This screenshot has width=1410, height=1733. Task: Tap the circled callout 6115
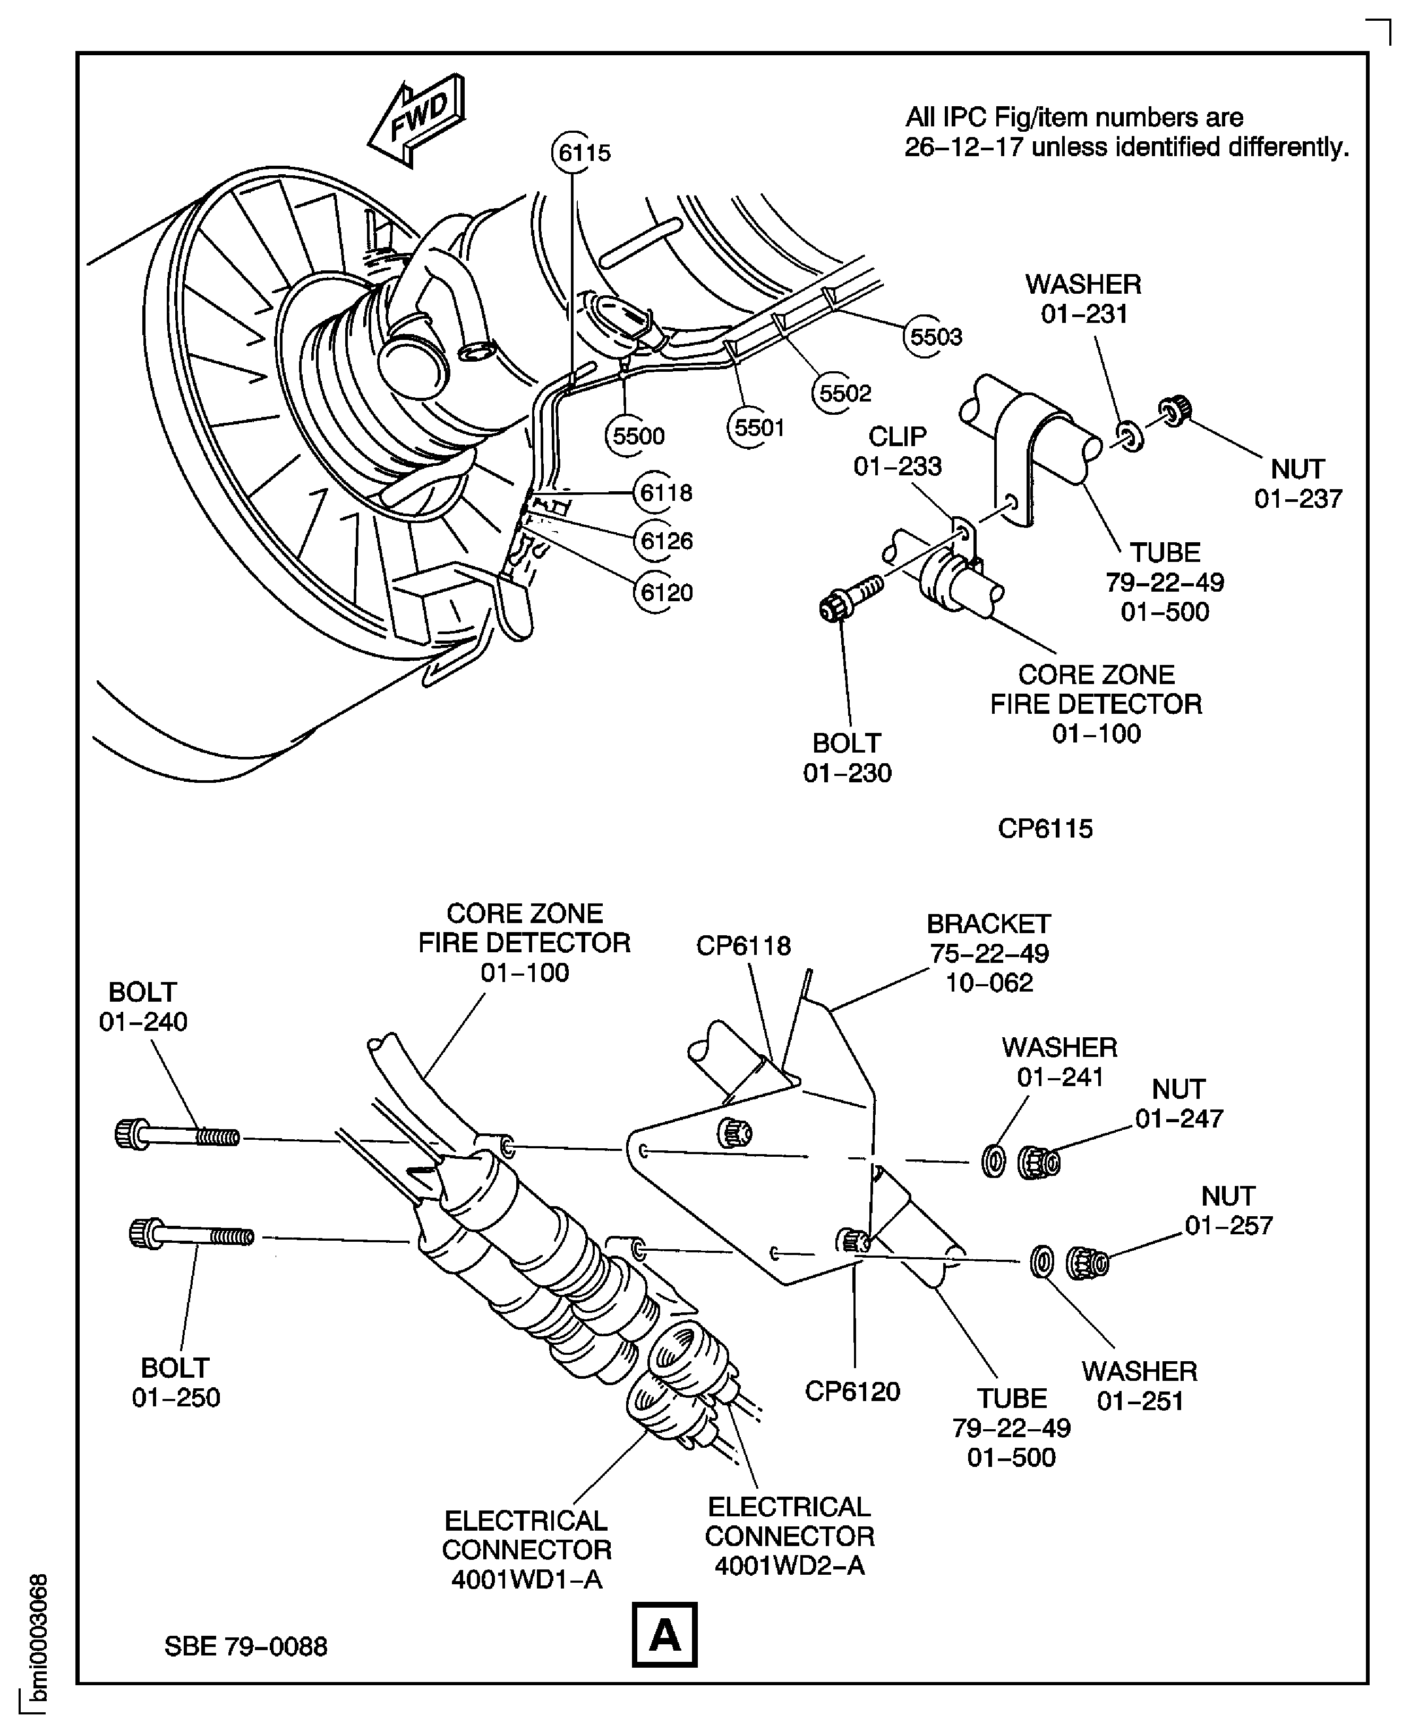point(583,152)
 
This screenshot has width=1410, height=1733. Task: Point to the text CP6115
point(1045,829)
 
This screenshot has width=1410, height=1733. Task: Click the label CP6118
point(742,945)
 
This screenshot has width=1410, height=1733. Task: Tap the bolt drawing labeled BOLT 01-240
point(176,1134)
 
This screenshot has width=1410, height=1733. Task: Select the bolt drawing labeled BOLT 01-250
point(191,1235)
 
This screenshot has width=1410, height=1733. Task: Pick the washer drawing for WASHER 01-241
point(993,1162)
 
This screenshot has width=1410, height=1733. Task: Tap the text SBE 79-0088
point(245,1646)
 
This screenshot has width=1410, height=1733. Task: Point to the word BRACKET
point(988,924)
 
